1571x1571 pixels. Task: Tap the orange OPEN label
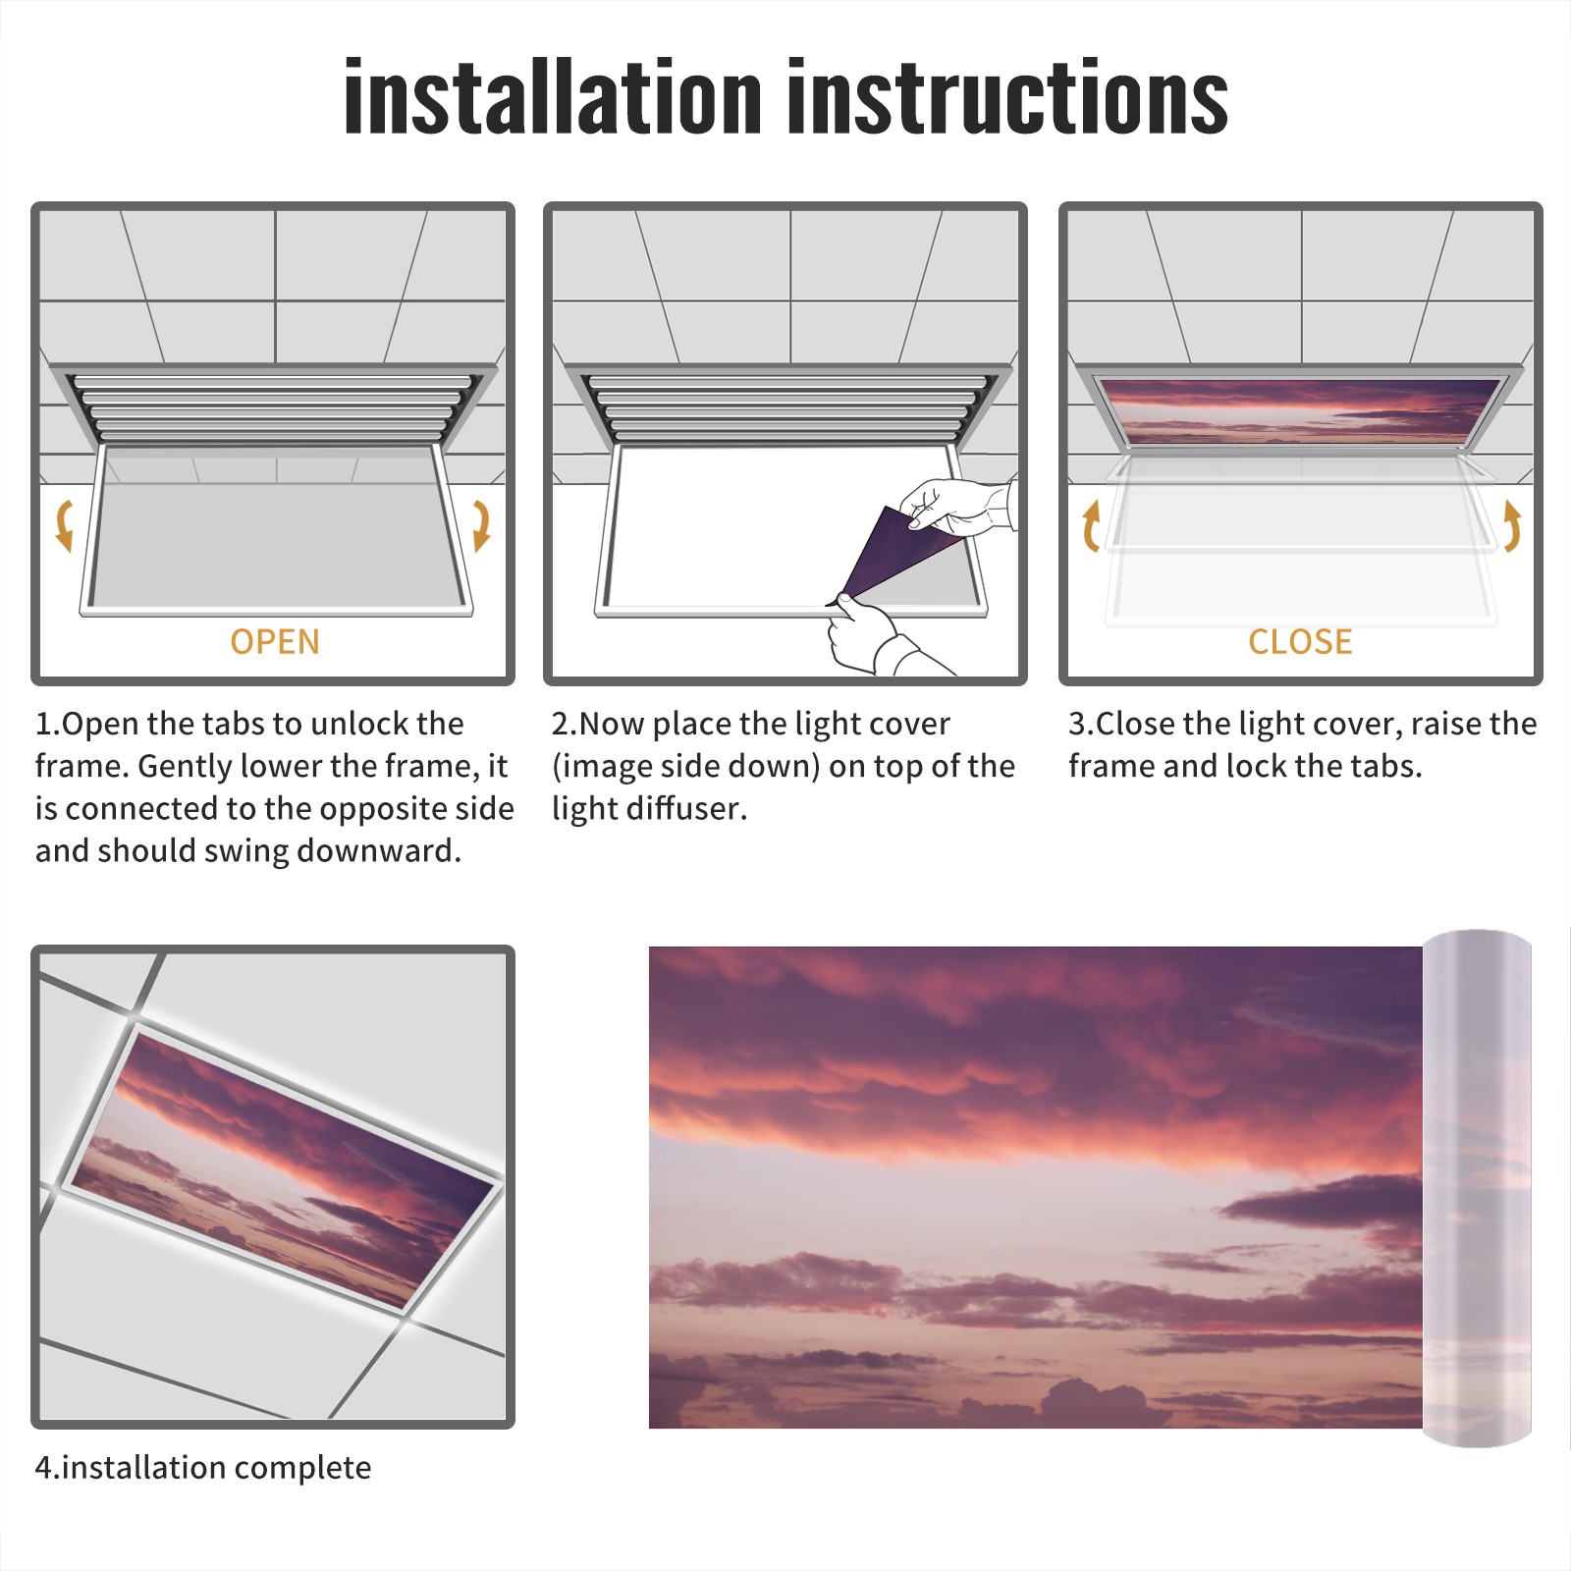click(275, 641)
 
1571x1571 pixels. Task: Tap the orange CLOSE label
click(1300, 641)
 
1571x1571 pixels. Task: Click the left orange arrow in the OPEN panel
click(65, 525)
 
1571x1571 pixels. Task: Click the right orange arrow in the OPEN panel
click(481, 525)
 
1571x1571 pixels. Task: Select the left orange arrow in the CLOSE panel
click(1091, 525)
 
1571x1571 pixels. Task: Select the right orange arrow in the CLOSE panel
click(1512, 525)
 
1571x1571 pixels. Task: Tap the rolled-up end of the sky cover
click(1477, 1188)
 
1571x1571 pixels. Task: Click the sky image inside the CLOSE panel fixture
click(1300, 408)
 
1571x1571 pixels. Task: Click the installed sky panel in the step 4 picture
click(283, 1166)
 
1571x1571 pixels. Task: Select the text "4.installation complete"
click(203, 1467)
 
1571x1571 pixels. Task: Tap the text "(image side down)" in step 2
click(685, 766)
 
